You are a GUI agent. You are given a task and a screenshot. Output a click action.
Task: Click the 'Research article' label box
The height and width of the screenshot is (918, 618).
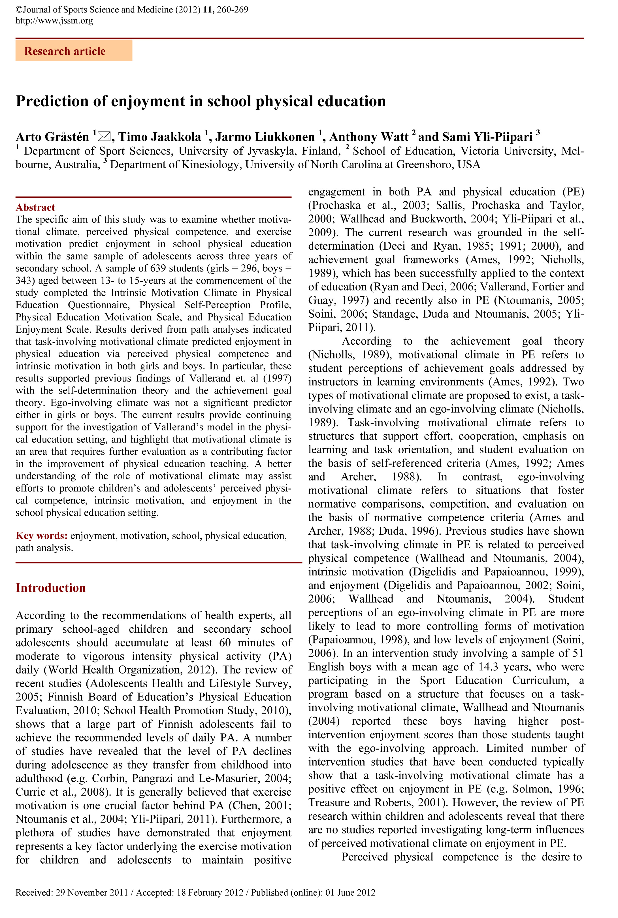74,51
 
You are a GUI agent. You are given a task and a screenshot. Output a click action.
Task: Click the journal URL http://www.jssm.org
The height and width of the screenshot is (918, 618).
54,20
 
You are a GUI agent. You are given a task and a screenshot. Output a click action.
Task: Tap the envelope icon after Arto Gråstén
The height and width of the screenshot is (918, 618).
104,137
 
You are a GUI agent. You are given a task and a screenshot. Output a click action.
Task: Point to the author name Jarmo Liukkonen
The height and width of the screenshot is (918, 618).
265,137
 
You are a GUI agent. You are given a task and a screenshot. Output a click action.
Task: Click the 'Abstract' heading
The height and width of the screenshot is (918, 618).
35,207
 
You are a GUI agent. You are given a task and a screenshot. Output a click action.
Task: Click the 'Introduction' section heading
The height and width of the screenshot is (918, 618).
50,588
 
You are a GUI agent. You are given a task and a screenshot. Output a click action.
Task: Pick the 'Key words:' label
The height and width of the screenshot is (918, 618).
41,536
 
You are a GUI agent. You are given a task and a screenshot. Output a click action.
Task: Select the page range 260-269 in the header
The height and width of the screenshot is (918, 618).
233,9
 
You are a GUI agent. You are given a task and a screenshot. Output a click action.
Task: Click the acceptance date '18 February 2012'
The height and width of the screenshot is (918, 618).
210,892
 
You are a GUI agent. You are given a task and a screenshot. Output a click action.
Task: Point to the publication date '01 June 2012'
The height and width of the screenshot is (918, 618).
350,892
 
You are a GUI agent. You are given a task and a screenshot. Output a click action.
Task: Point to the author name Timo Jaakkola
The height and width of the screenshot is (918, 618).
160,137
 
